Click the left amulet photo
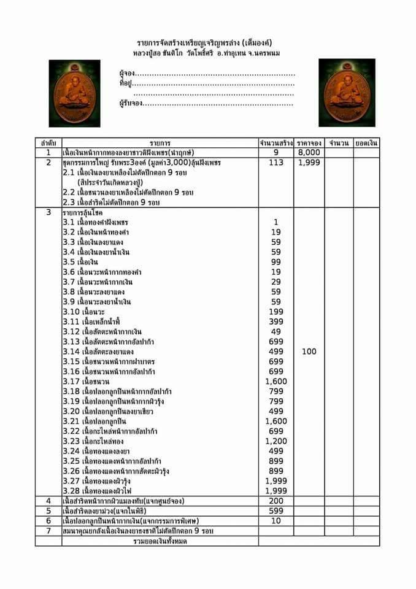74,93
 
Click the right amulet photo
347,93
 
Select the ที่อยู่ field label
125,83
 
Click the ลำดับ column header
48,143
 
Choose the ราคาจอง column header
309,143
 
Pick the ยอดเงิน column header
366,143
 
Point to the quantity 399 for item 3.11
276,321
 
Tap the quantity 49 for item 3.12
276,331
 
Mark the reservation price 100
309,352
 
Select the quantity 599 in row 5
276,510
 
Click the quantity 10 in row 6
276,520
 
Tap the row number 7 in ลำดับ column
48,530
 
